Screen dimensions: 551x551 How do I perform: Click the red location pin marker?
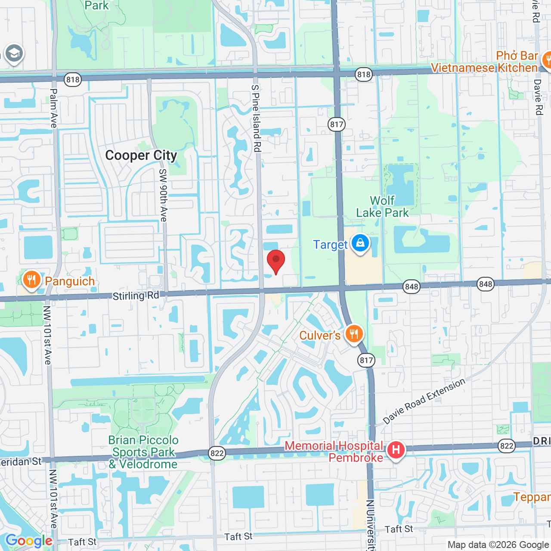(x=276, y=261)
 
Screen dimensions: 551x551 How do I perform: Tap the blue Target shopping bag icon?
(x=360, y=244)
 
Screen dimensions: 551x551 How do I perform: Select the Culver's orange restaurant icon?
(x=354, y=334)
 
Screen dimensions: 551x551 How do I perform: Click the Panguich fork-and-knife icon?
(x=31, y=281)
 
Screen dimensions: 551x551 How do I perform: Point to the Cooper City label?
(x=141, y=155)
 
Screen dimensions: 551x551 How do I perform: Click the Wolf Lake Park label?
(x=382, y=207)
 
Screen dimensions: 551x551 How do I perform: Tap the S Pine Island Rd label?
(x=256, y=118)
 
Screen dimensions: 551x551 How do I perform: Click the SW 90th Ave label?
(x=163, y=195)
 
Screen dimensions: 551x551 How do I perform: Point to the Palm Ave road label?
(x=53, y=108)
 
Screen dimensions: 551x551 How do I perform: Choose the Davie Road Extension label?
(x=424, y=401)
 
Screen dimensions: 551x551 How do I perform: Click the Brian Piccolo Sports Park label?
(x=143, y=452)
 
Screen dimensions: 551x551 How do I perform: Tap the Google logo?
(x=29, y=541)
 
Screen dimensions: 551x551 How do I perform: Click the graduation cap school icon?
(x=14, y=54)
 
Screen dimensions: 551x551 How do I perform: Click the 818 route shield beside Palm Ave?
(x=73, y=79)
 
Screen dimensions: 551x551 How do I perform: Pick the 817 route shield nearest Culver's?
(x=366, y=360)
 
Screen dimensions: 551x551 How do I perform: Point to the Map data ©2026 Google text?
(x=498, y=545)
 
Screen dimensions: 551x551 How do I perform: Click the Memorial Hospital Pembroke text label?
(x=334, y=452)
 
